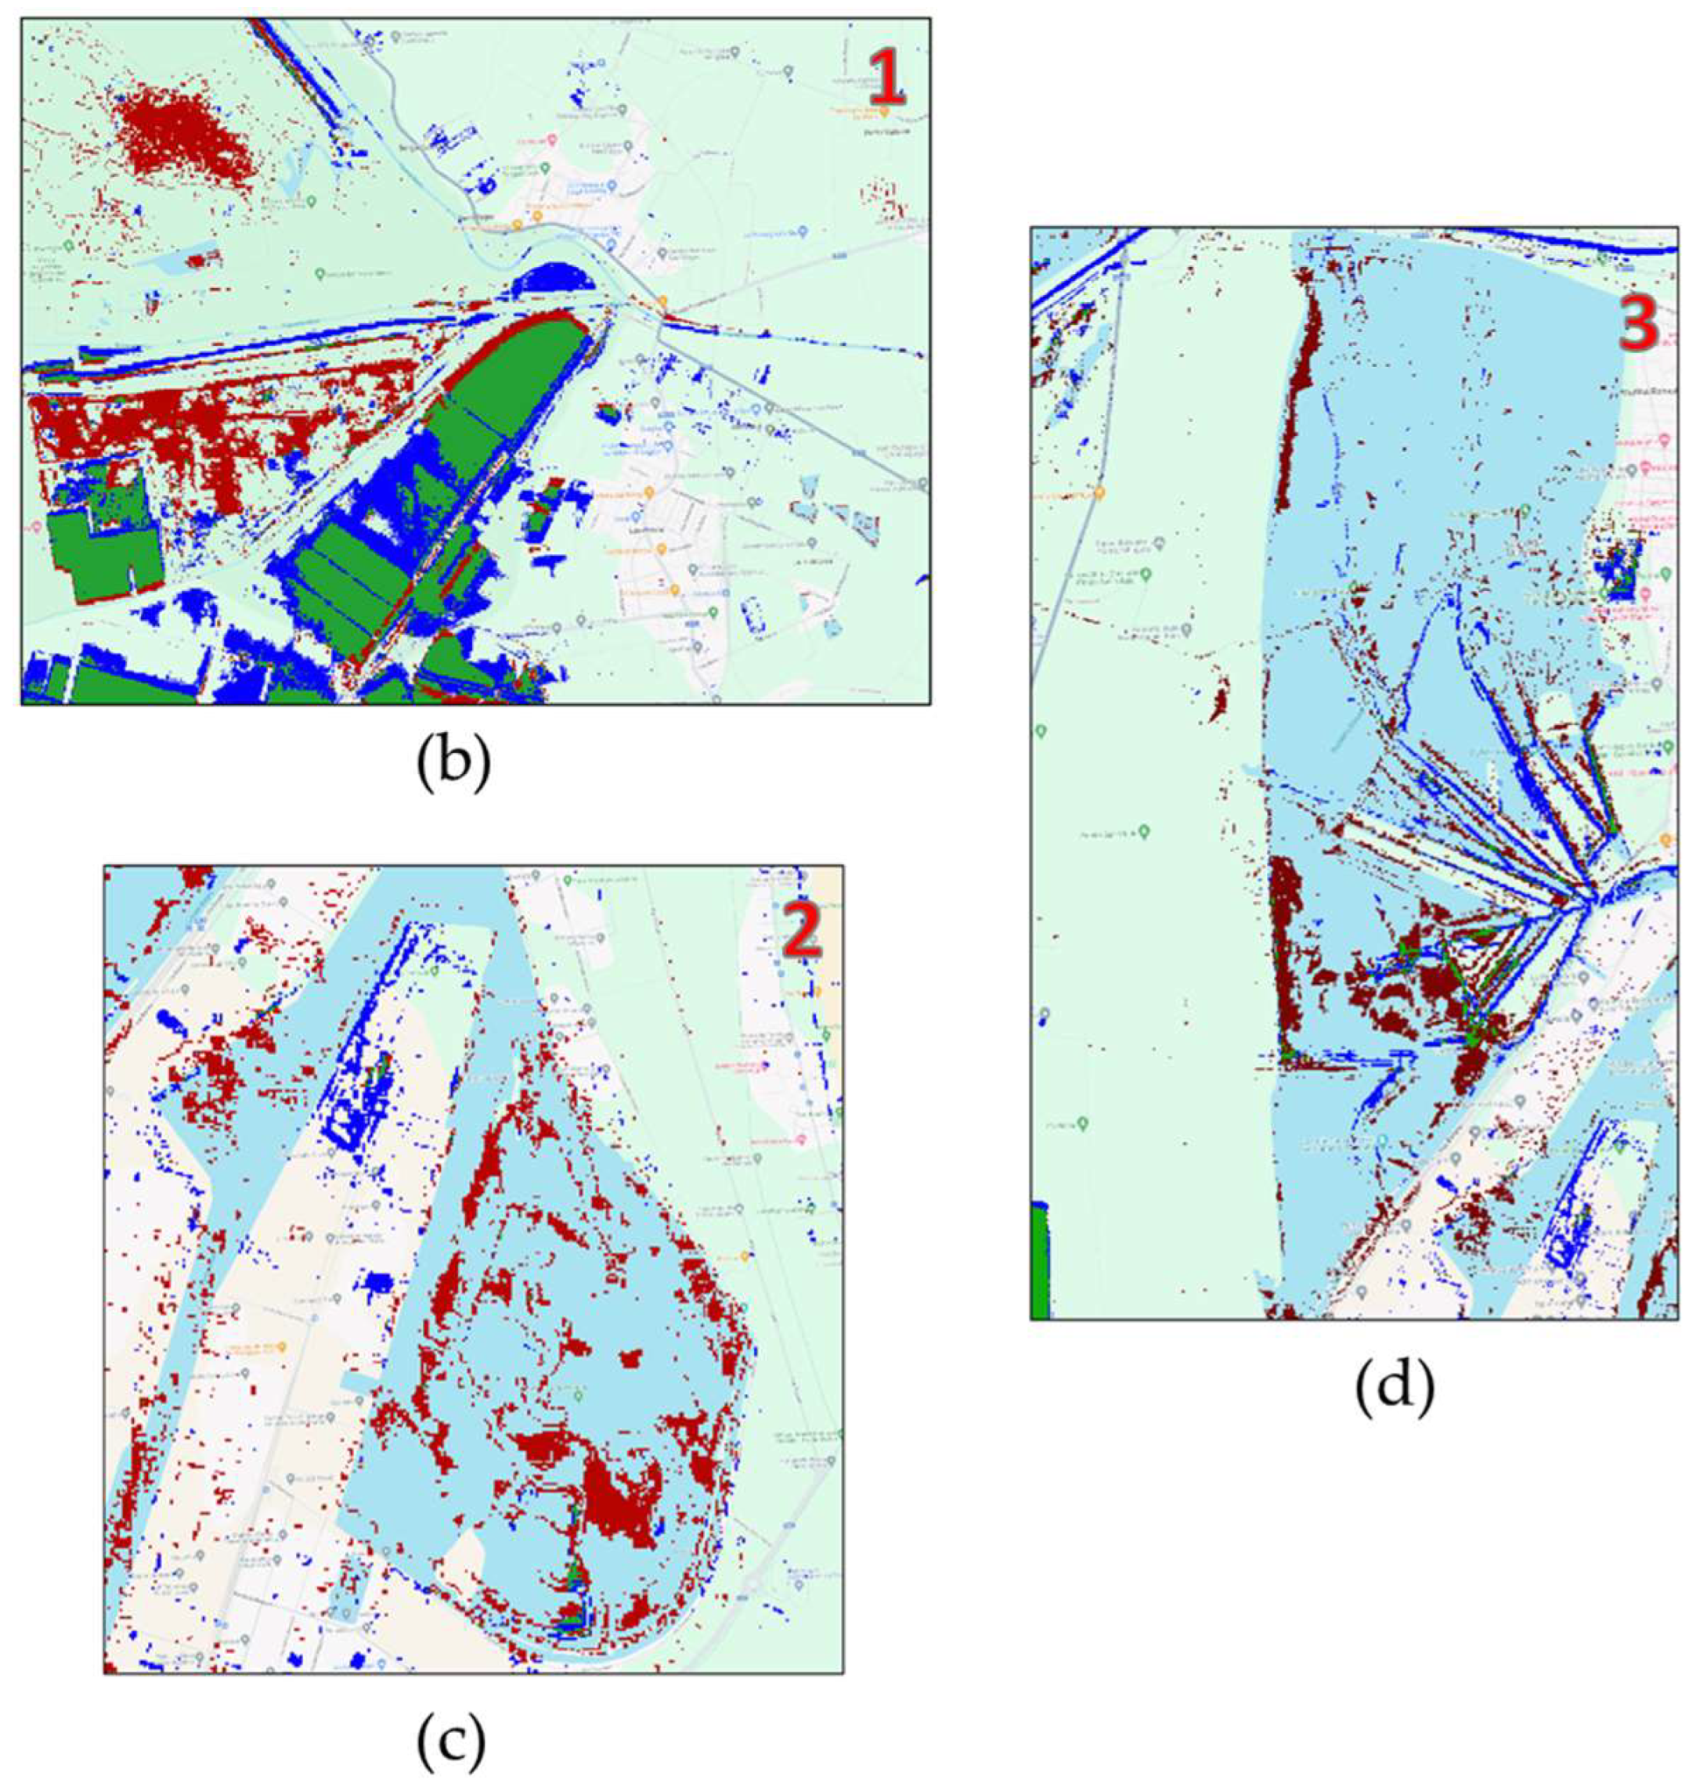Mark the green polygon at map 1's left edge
tap(95, 551)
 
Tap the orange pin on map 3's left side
tap(1099, 492)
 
